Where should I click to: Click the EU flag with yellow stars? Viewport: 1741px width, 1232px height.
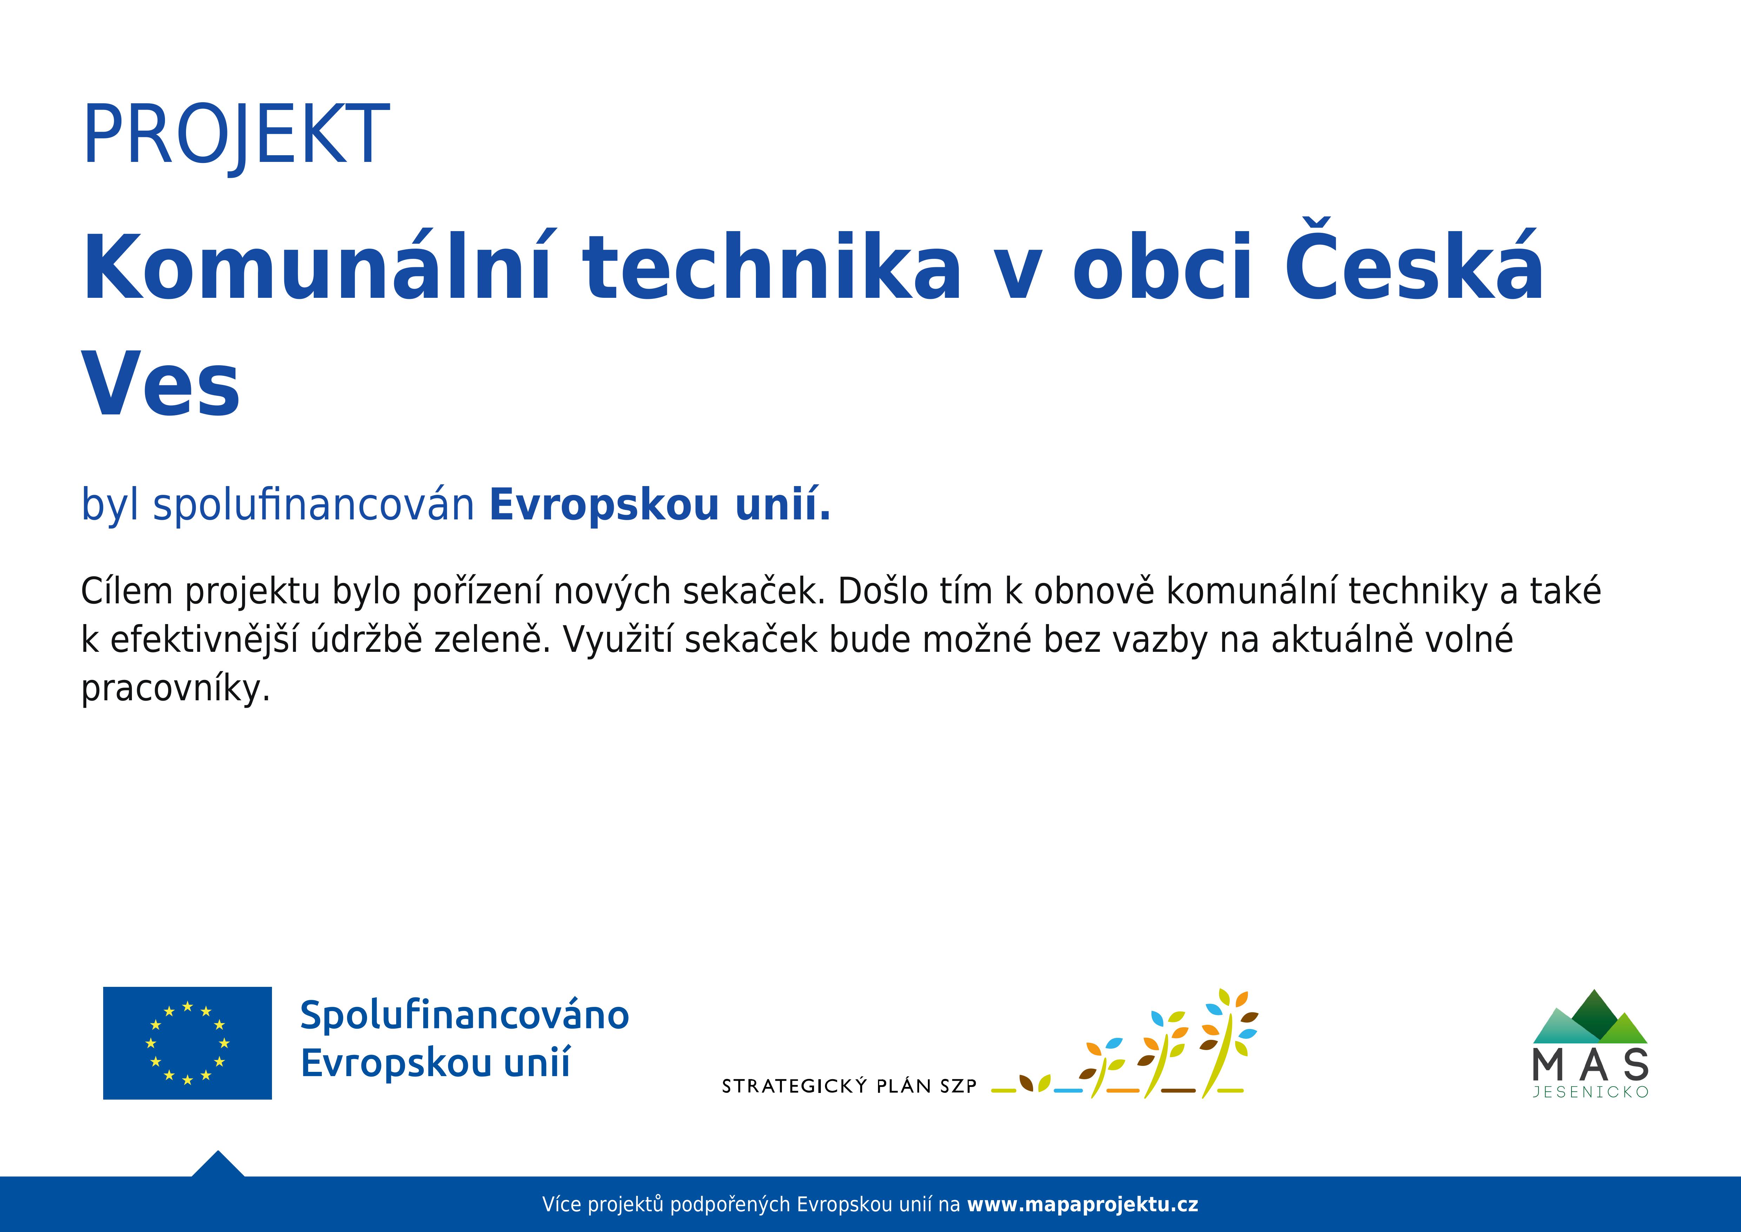point(187,1043)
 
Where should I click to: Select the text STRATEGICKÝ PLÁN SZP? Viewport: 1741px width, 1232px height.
point(849,1086)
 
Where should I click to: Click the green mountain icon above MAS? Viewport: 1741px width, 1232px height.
point(1590,1017)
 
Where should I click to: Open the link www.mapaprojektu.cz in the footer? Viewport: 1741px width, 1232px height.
point(1083,1205)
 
